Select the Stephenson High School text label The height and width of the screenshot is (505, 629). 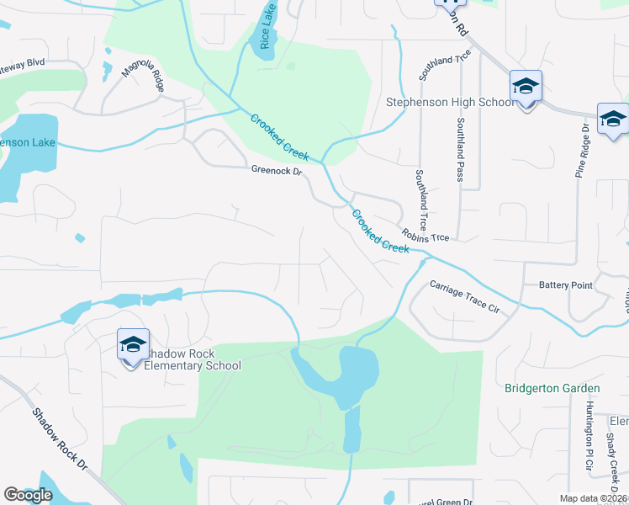(449, 103)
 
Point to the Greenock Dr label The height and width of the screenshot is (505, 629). (276, 170)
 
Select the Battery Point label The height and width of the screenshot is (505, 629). (565, 285)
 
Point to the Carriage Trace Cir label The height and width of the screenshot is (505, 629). (464, 297)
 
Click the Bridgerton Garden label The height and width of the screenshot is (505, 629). (552, 388)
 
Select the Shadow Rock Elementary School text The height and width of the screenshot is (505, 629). (192, 359)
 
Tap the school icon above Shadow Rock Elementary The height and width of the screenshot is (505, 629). (133, 345)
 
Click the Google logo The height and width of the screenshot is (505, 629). (28, 496)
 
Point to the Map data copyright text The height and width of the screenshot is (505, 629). (593, 498)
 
